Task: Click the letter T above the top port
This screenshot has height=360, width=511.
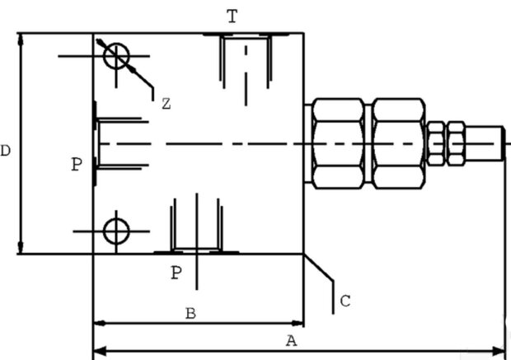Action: (x=232, y=16)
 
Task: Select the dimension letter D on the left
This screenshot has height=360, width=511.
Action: (x=5, y=151)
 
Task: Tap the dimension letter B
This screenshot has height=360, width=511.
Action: (x=190, y=313)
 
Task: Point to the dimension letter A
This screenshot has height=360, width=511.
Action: (x=292, y=341)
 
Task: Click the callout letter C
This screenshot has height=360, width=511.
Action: (x=345, y=301)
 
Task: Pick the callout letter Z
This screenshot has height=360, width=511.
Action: (x=166, y=104)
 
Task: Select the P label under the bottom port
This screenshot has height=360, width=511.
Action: (x=176, y=273)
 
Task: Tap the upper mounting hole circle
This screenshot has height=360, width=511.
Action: (x=104, y=56)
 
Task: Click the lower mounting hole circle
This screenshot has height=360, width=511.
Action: (x=104, y=231)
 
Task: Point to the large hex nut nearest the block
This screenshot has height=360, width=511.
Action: (x=338, y=143)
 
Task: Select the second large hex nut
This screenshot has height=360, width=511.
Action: (x=398, y=143)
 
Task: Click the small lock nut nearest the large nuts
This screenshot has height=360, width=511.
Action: (x=436, y=143)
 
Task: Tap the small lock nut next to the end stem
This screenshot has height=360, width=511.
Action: (x=457, y=143)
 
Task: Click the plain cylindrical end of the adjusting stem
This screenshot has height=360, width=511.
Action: (x=485, y=143)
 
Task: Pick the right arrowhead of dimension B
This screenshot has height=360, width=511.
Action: (x=298, y=324)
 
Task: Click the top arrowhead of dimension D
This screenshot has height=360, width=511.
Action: (x=21, y=39)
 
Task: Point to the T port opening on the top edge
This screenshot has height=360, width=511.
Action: (x=246, y=35)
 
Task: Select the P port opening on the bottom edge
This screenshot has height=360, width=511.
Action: (x=196, y=251)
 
